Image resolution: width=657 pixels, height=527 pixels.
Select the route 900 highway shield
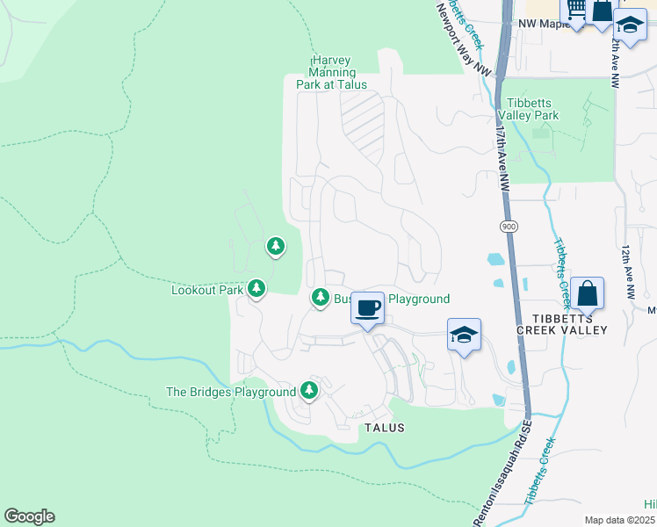[x=509, y=227]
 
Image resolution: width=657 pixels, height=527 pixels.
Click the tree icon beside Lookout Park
[x=256, y=287]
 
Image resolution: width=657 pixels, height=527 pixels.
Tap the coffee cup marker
[x=369, y=308]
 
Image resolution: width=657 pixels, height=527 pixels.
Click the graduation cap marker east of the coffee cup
[x=464, y=335]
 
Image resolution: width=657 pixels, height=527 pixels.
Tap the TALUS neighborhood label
[x=384, y=428]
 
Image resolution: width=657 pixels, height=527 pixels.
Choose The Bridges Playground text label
[x=231, y=392]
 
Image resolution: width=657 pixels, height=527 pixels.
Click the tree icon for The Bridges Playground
[x=308, y=389]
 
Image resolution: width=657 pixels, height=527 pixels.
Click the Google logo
[x=29, y=516]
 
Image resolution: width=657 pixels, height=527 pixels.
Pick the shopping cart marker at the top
[x=574, y=10]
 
